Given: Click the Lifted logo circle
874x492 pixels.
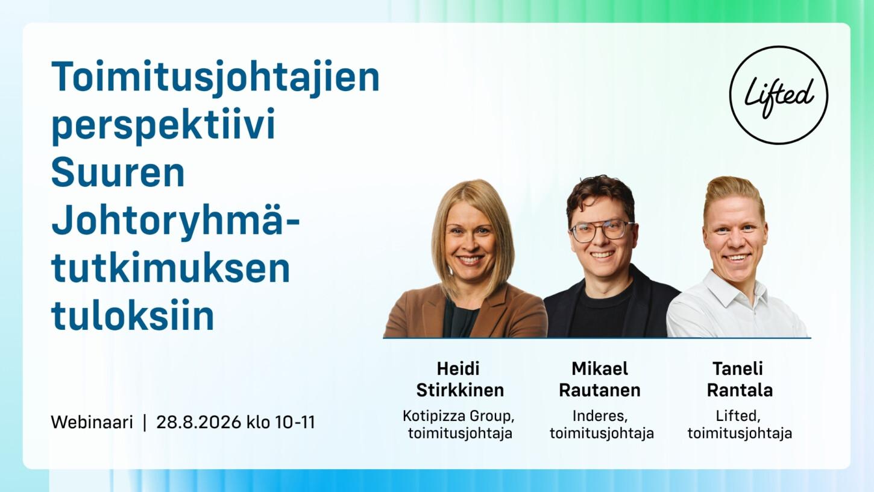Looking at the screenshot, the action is tap(730, 96).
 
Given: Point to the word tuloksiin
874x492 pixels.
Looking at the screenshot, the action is tap(133, 315).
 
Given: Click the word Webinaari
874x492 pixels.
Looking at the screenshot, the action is tap(92, 422).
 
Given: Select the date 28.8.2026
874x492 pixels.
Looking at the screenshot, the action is tap(198, 422).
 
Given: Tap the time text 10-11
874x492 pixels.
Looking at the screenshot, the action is tap(295, 422).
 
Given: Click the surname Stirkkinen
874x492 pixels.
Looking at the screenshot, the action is tap(460, 390).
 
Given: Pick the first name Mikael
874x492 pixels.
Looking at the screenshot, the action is tap(600, 368).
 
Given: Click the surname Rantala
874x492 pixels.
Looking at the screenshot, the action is tap(740, 390).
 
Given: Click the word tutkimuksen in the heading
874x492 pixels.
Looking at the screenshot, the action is tap(171, 267).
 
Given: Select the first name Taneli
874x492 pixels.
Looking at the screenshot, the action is tap(738, 368).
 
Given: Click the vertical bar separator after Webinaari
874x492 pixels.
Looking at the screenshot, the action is tap(145, 422).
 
